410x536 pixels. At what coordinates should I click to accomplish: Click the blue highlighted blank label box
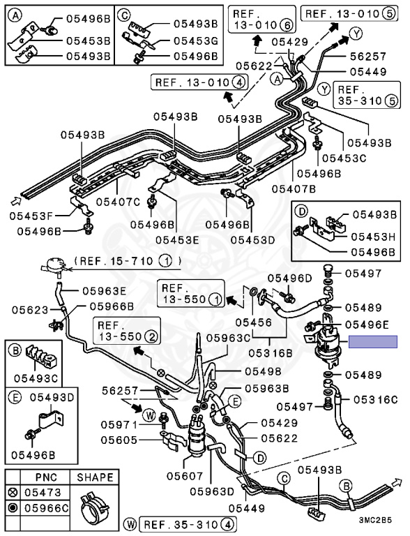coord(373,341)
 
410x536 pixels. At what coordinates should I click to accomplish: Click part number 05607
coord(185,475)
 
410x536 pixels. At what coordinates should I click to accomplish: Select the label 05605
coord(119,440)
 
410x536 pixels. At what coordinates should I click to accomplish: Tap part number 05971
coord(119,425)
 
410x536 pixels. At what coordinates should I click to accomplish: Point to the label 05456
coord(253,322)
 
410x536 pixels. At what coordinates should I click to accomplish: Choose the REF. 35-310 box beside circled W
coord(188,524)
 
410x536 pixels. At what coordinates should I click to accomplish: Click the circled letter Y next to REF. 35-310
coord(324,89)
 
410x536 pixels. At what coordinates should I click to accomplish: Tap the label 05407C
coord(118,202)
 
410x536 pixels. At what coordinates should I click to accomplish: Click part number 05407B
coord(294,188)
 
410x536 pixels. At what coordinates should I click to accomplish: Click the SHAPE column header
coord(95,477)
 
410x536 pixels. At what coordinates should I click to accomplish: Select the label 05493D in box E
coord(52,398)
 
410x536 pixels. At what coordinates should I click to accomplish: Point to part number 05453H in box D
coord(373,237)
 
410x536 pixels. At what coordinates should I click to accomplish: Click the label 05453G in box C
coord(196,41)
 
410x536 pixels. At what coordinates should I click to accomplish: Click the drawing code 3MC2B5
coord(375,520)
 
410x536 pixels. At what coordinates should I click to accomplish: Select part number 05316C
coord(375,400)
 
